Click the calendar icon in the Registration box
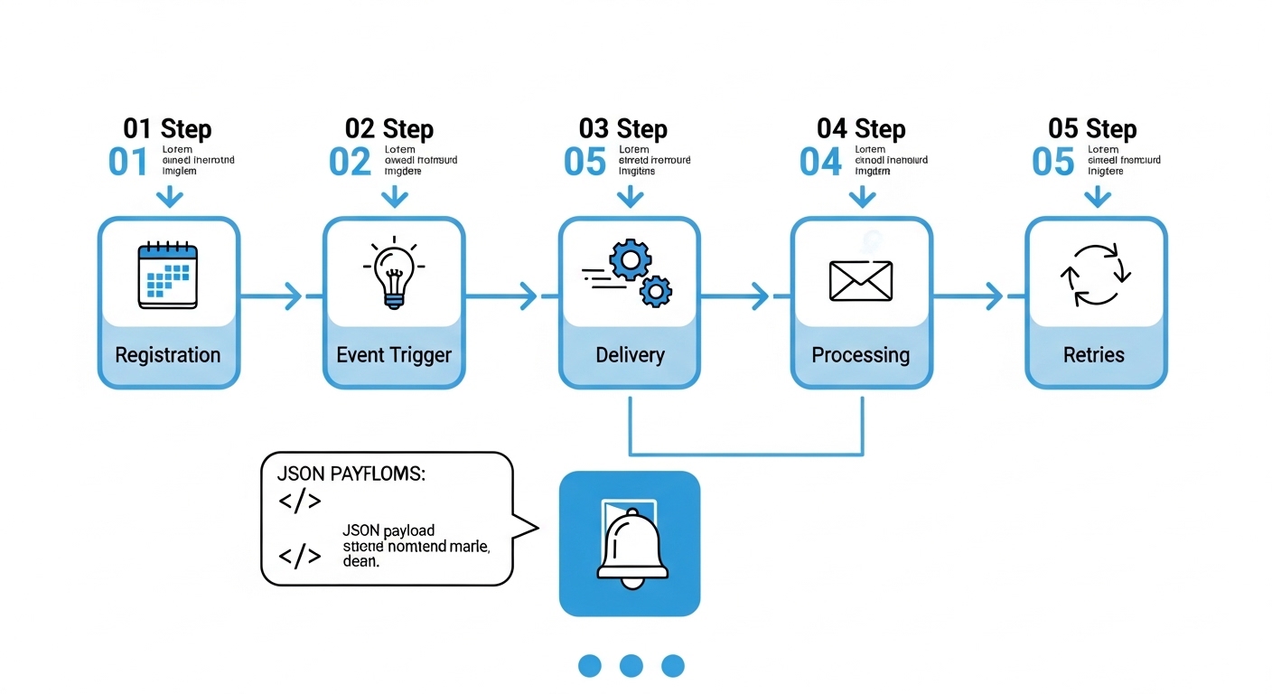167,276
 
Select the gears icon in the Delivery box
632,274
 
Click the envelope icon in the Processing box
861,280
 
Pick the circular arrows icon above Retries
1096,275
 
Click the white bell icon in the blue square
631,545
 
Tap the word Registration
168,355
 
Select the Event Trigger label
393,355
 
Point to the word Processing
861,355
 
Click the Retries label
1095,355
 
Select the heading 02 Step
389,129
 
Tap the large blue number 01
128,163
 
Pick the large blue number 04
820,163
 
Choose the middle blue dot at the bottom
631,666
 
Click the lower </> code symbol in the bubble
300,556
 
